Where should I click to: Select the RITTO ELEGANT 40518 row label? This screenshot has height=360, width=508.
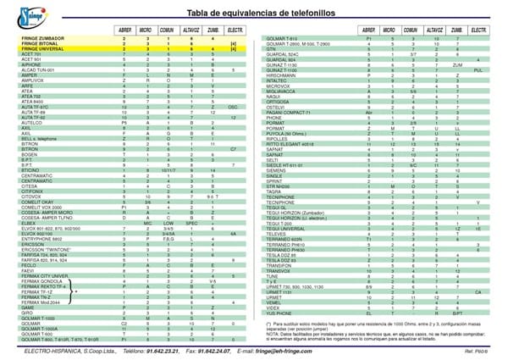point(293,144)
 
